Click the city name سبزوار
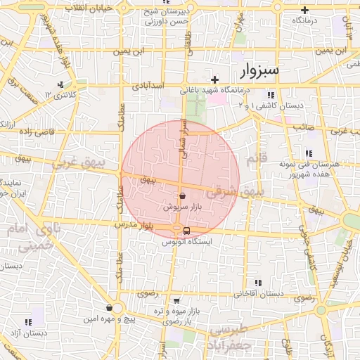click(259, 70)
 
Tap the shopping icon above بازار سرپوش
click(183, 196)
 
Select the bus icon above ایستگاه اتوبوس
click(186, 230)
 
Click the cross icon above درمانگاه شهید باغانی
click(214, 79)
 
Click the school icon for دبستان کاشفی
click(270, 95)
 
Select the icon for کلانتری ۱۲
click(61, 84)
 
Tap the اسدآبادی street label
click(147, 86)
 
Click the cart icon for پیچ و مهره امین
click(109, 307)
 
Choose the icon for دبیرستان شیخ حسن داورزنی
click(124, 10)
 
